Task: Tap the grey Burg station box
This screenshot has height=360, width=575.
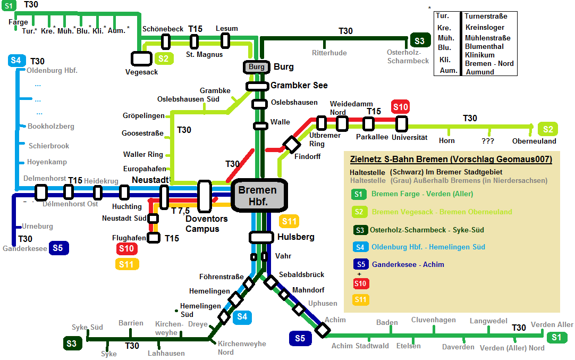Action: pyautogui.click(x=257, y=67)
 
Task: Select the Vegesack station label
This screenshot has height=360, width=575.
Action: pyautogui.click(x=141, y=72)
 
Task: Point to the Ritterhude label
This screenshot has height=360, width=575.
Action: pyautogui.click(x=329, y=53)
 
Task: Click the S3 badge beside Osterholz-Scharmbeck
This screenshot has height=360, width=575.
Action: pyautogui.click(x=420, y=41)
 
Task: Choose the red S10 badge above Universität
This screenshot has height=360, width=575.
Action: pyautogui.click(x=400, y=107)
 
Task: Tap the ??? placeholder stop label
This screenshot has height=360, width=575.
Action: pyautogui.click(x=488, y=141)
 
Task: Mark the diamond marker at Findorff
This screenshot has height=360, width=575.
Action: pyautogui.click(x=291, y=144)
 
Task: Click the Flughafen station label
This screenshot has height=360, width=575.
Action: pyautogui.click(x=129, y=238)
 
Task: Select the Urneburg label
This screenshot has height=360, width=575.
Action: pyautogui.click(x=37, y=226)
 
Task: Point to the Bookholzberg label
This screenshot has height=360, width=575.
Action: pyautogui.click(x=51, y=127)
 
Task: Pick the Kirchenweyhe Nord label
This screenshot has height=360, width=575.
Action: pyautogui.click(x=242, y=348)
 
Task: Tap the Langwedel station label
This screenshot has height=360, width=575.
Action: pyautogui.click(x=488, y=321)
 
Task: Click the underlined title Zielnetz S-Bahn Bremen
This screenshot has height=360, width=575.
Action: pyautogui.click(x=451, y=159)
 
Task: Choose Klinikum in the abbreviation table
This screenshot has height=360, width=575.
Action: pyautogui.click(x=479, y=55)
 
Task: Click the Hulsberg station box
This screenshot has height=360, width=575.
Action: pyautogui.click(x=261, y=237)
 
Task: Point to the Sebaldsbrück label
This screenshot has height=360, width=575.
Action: pyautogui.click(x=301, y=274)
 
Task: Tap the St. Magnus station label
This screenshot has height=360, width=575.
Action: pyautogui.click(x=204, y=54)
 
